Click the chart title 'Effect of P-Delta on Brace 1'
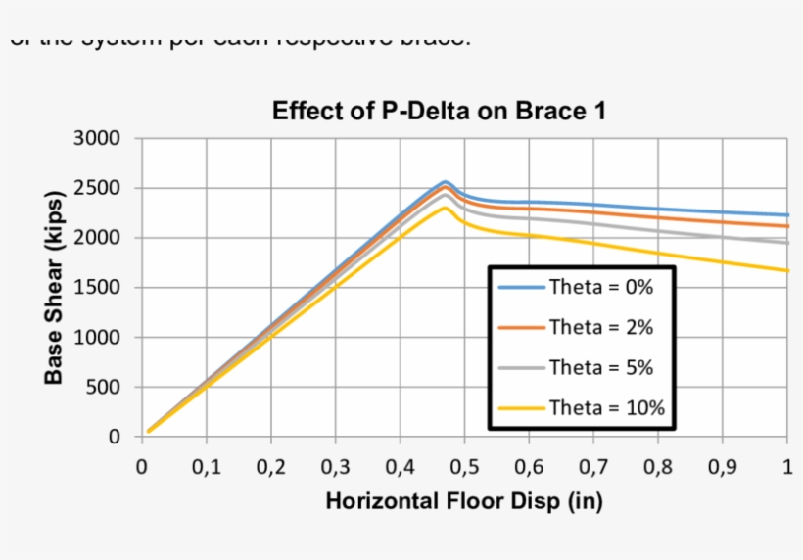439,111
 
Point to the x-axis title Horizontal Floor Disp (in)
463,501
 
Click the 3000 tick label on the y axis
97,139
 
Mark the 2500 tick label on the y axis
97,188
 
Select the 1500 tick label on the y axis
97,288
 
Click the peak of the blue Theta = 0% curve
445,182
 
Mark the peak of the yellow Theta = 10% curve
445,208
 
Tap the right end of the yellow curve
786,271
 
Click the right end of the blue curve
786,215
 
